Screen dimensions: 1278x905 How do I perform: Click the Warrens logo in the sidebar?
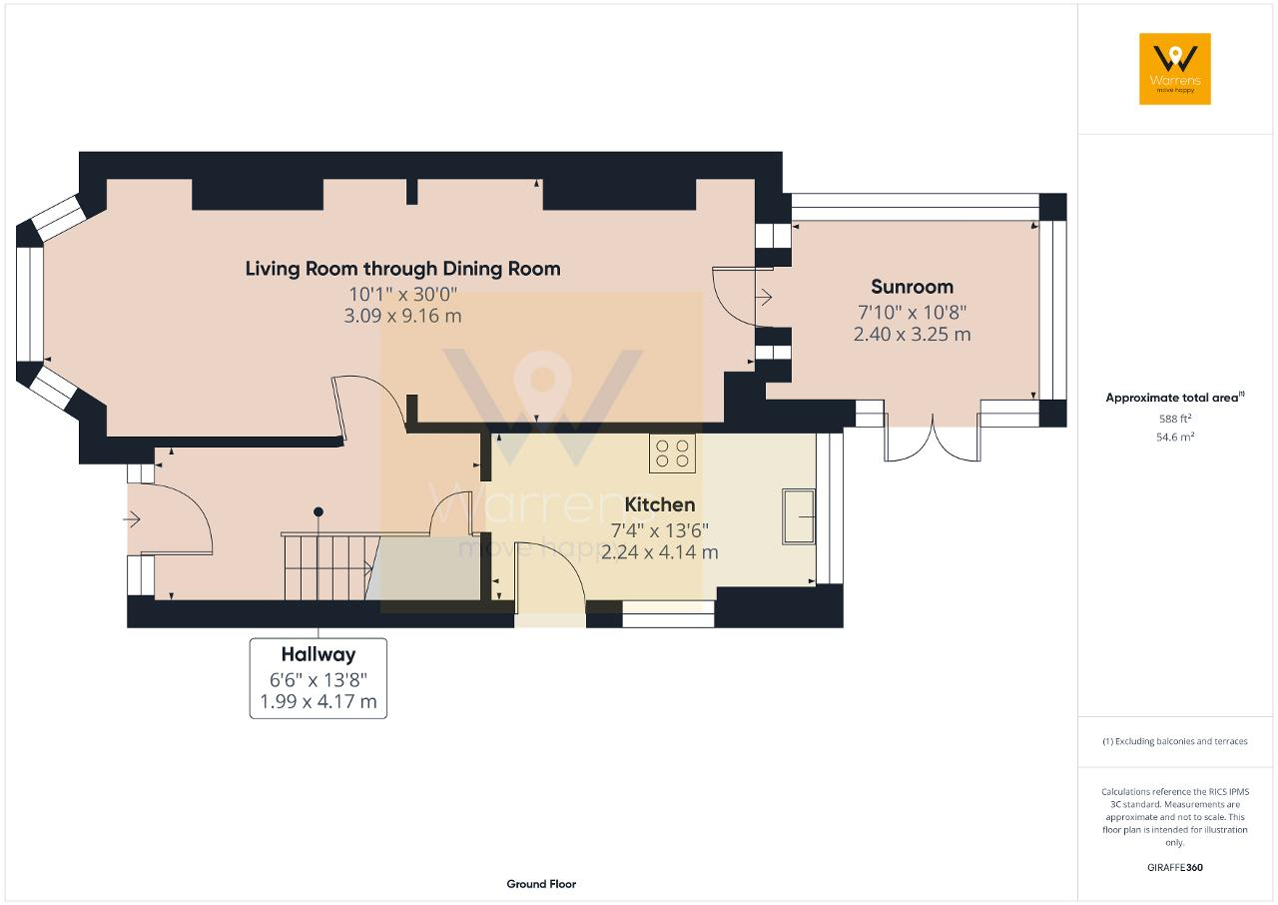(x=1175, y=69)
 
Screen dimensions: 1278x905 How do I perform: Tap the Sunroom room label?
(x=912, y=287)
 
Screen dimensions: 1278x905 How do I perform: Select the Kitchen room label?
(x=660, y=504)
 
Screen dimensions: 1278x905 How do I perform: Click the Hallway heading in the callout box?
(x=319, y=654)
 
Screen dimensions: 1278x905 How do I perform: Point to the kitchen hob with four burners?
(x=672, y=453)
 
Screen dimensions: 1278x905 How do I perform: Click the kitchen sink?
(x=798, y=516)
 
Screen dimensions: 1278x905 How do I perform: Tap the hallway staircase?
(x=329, y=566)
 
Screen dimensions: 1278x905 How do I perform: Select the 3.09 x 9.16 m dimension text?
(x=402, y=316)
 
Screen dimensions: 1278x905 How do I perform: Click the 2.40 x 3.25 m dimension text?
(x=912, y=334)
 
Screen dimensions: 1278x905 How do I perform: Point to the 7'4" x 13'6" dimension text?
(x=660, y=530)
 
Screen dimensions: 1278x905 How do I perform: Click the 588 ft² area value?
(x=1175, y=419)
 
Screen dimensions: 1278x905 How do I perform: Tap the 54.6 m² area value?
(x=1175, y=438)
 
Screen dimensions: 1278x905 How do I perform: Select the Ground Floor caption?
(x=541, y=884)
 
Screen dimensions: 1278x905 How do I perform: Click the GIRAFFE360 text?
(x=1175, y=867)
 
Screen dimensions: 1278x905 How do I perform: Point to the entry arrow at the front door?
(x=132, y=519)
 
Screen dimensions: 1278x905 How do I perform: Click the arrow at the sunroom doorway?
(x=764, y=297)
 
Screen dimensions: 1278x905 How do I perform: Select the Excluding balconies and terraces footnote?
(x=1175, y=741)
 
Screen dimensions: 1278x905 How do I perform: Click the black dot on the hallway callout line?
(x=319, y=511)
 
